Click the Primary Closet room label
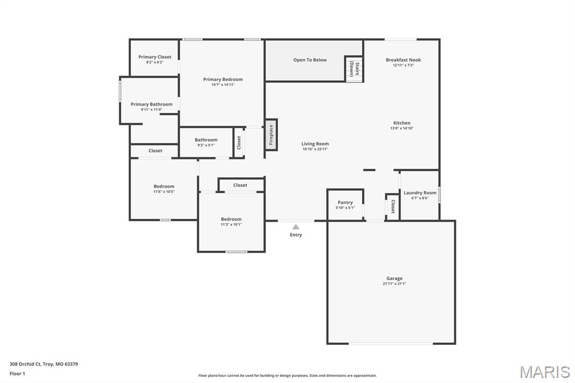tap(155, 57)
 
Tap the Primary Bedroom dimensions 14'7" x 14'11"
tap(223, 85)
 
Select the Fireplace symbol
tap(271, 135)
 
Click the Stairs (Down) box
tap(354, 69)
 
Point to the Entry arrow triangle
tap(296, 227)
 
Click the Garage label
tap(394, 278)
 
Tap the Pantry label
tap(345, 202)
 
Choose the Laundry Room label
tap(420, 193)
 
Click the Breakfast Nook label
tap(403, 60)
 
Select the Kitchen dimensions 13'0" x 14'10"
tap(402, 128)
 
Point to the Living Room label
tap(315, 144)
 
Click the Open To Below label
tap(310, 60)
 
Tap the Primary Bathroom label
tap(152, 104)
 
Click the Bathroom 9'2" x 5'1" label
tap(206, 140)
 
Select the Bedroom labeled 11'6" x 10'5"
tap(164, 186)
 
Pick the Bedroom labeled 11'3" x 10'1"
tap(231, 219)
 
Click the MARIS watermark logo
tap(545, 372)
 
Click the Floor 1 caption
tap(18, 373)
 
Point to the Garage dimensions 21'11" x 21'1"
tap(394, 284)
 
